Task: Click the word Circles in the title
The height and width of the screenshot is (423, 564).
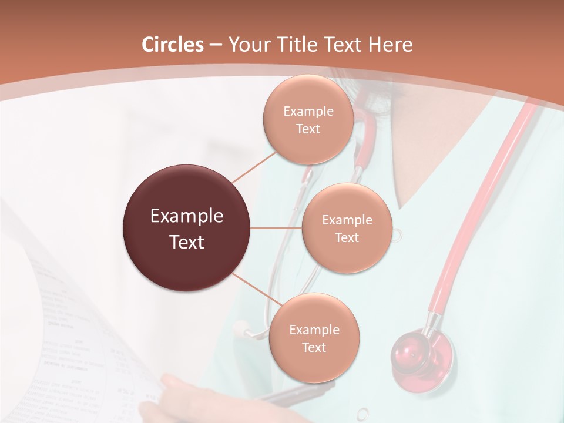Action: (x=172, y=45)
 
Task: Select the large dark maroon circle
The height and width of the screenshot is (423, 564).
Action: (x=187, y=228)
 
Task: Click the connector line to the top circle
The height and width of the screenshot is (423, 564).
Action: (x=254, y=166)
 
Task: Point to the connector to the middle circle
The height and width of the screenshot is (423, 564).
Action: (x=276, y=228)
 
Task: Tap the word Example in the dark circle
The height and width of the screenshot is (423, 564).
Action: (x=187, y=216)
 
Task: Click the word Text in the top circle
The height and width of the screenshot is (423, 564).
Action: (x=308, y=129)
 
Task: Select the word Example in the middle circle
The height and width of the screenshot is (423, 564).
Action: (x=347, y=220)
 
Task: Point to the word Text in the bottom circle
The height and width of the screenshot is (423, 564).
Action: (x=314, y=347)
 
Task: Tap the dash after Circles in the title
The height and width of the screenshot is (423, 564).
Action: (x=215, y=45)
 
